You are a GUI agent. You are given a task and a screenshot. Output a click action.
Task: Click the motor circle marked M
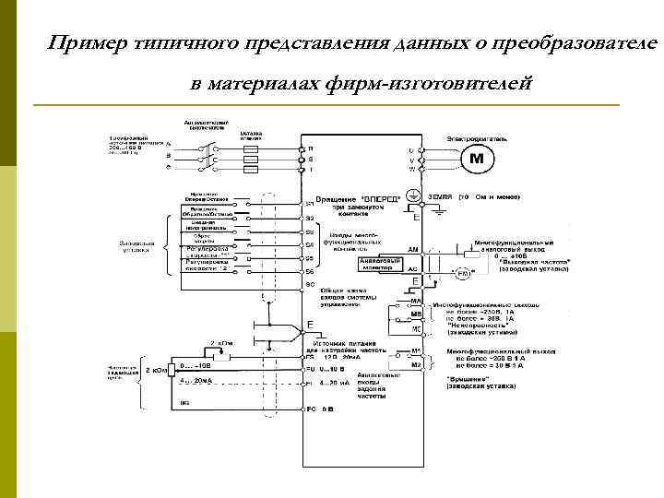[477, 160]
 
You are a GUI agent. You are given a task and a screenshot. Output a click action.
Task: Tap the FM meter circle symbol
[464, 274]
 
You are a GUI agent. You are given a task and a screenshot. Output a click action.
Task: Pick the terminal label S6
[310, 272]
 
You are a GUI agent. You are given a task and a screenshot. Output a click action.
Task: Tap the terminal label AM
[413, 249]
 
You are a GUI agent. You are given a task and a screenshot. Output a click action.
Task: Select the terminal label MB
[416, 314]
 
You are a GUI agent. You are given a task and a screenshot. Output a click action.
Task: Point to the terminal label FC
[311, 407]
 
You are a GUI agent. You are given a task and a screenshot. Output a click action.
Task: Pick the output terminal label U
[411, 149]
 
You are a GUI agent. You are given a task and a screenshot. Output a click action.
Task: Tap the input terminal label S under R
[311, 159]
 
